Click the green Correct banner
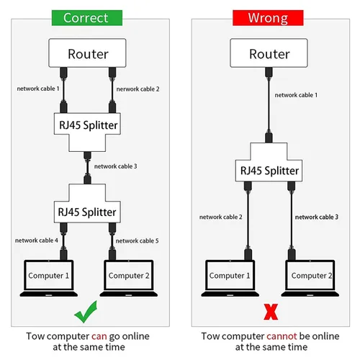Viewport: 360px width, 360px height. (87, 18)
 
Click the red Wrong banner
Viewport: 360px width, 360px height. (268, 18)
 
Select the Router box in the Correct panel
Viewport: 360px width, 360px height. (87, 53)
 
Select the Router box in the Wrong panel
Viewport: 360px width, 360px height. (269, 53)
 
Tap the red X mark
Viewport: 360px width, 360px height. (271, 312)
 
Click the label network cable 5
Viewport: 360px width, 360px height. (137, 240)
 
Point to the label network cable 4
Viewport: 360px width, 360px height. (37, 240)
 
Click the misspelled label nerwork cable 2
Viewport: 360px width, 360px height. (138, 89)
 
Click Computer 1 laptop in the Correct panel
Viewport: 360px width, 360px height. (49, 278)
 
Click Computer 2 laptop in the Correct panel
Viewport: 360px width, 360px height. (129, 278)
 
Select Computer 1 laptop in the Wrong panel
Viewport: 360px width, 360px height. (230, 278)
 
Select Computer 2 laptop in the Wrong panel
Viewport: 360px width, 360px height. (310, 278)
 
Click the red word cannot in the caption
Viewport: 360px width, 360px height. (282, 336)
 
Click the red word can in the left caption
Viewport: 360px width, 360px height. (99, 337)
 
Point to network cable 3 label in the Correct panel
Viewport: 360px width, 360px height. (115, 166)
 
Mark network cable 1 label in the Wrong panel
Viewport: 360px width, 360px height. (296, 95)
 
